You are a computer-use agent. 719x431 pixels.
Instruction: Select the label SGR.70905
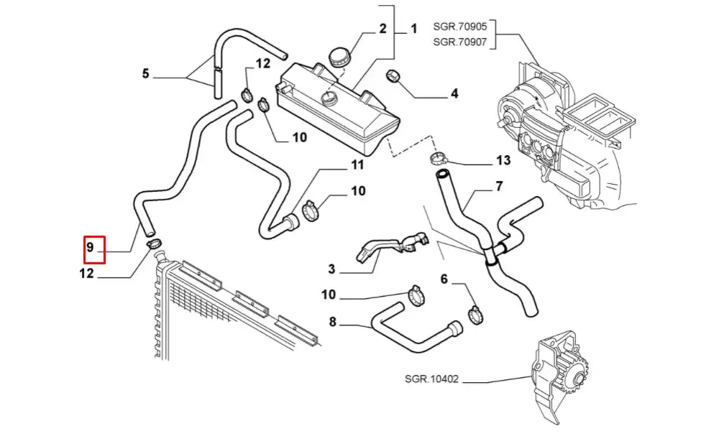point(460,27)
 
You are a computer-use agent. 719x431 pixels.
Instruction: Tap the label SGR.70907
point(460,42)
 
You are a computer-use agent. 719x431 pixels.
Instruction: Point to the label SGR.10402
point(432,379)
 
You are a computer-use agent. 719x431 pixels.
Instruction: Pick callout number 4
point(454,93)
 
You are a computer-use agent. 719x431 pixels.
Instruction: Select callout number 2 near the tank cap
point(383,29)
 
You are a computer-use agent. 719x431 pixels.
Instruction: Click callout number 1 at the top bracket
point(413,29)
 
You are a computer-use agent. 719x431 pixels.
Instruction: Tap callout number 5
point(145,73)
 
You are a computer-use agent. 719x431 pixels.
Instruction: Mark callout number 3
point(331,269)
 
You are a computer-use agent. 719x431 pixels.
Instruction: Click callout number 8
point(332,323)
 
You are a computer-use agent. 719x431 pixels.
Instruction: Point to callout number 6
point(444,278)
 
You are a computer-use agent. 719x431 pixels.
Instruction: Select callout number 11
point(357,166)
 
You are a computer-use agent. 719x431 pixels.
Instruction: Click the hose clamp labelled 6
point(475,314)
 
